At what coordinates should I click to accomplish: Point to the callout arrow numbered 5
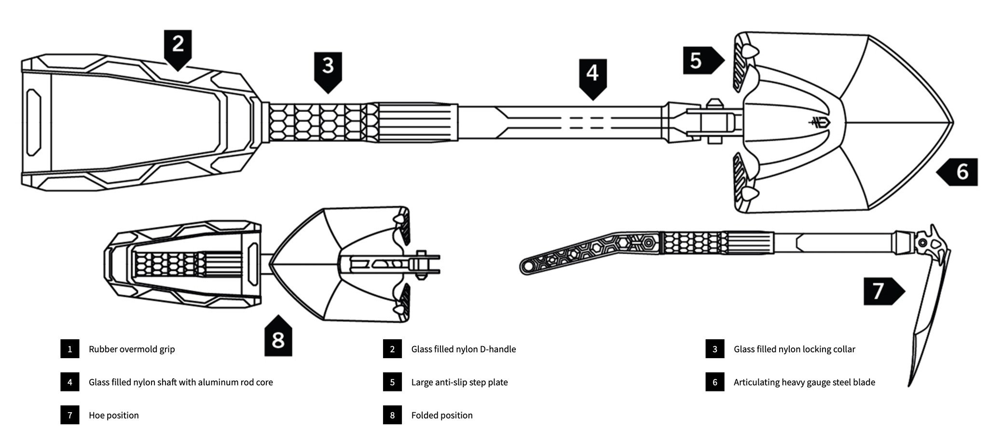[x=701, y=60]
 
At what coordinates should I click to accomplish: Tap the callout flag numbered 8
[x=278, y=338]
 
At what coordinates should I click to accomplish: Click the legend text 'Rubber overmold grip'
[x=132, y=349]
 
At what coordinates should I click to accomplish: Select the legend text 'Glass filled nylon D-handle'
[x=463, y=349]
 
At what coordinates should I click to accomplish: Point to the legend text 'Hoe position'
[x=113, y=415]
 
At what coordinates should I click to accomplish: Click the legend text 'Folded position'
[x=441, y=415]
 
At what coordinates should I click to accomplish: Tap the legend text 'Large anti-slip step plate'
[x=459, y=382]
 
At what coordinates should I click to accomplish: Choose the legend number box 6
[x=714, y=382]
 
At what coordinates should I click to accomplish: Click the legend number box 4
[x=70, y=382]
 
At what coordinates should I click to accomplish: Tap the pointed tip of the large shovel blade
[x=953, y=122]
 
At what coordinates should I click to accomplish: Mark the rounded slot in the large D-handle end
[x=34, y=122]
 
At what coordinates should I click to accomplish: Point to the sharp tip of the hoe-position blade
[x=909, y=385]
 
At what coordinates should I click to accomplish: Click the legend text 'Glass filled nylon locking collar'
[x=794, y=349]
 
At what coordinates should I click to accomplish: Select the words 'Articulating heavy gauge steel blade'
[x=804, y=382]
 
